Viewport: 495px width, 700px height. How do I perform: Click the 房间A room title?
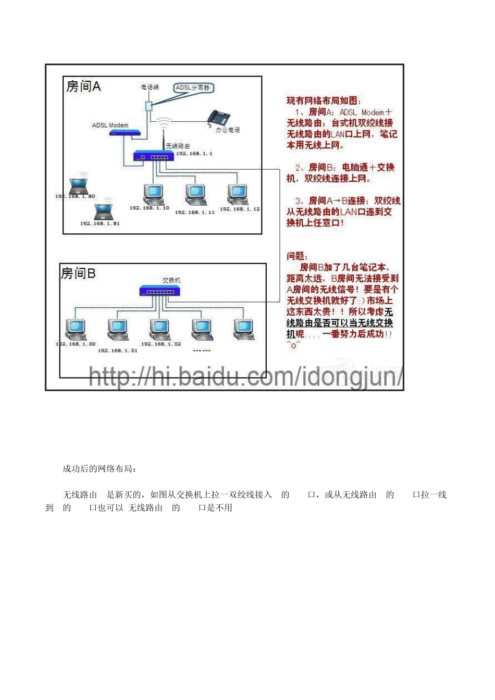point(83,86)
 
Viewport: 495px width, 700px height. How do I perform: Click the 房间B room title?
point(78,273)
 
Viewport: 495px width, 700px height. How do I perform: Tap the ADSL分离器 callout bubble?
point(193,88)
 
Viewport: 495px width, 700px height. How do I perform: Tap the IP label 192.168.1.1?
point(194,154)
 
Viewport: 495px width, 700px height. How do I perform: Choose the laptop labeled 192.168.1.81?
point(103,211)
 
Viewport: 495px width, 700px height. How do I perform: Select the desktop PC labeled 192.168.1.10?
point(154,195)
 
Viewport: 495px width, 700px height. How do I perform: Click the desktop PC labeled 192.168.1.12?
point(238,195)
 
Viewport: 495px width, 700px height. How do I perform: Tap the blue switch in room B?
point(160,291)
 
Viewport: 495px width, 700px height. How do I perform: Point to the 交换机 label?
point(171,280)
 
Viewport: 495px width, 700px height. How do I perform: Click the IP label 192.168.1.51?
point(118,351)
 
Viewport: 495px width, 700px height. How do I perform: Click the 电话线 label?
point(150,87)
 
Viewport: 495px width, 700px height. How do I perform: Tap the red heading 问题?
point(297,256)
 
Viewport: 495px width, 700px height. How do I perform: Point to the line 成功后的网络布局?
point(100,469)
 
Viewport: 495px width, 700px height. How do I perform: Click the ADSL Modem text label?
point(110,126)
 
